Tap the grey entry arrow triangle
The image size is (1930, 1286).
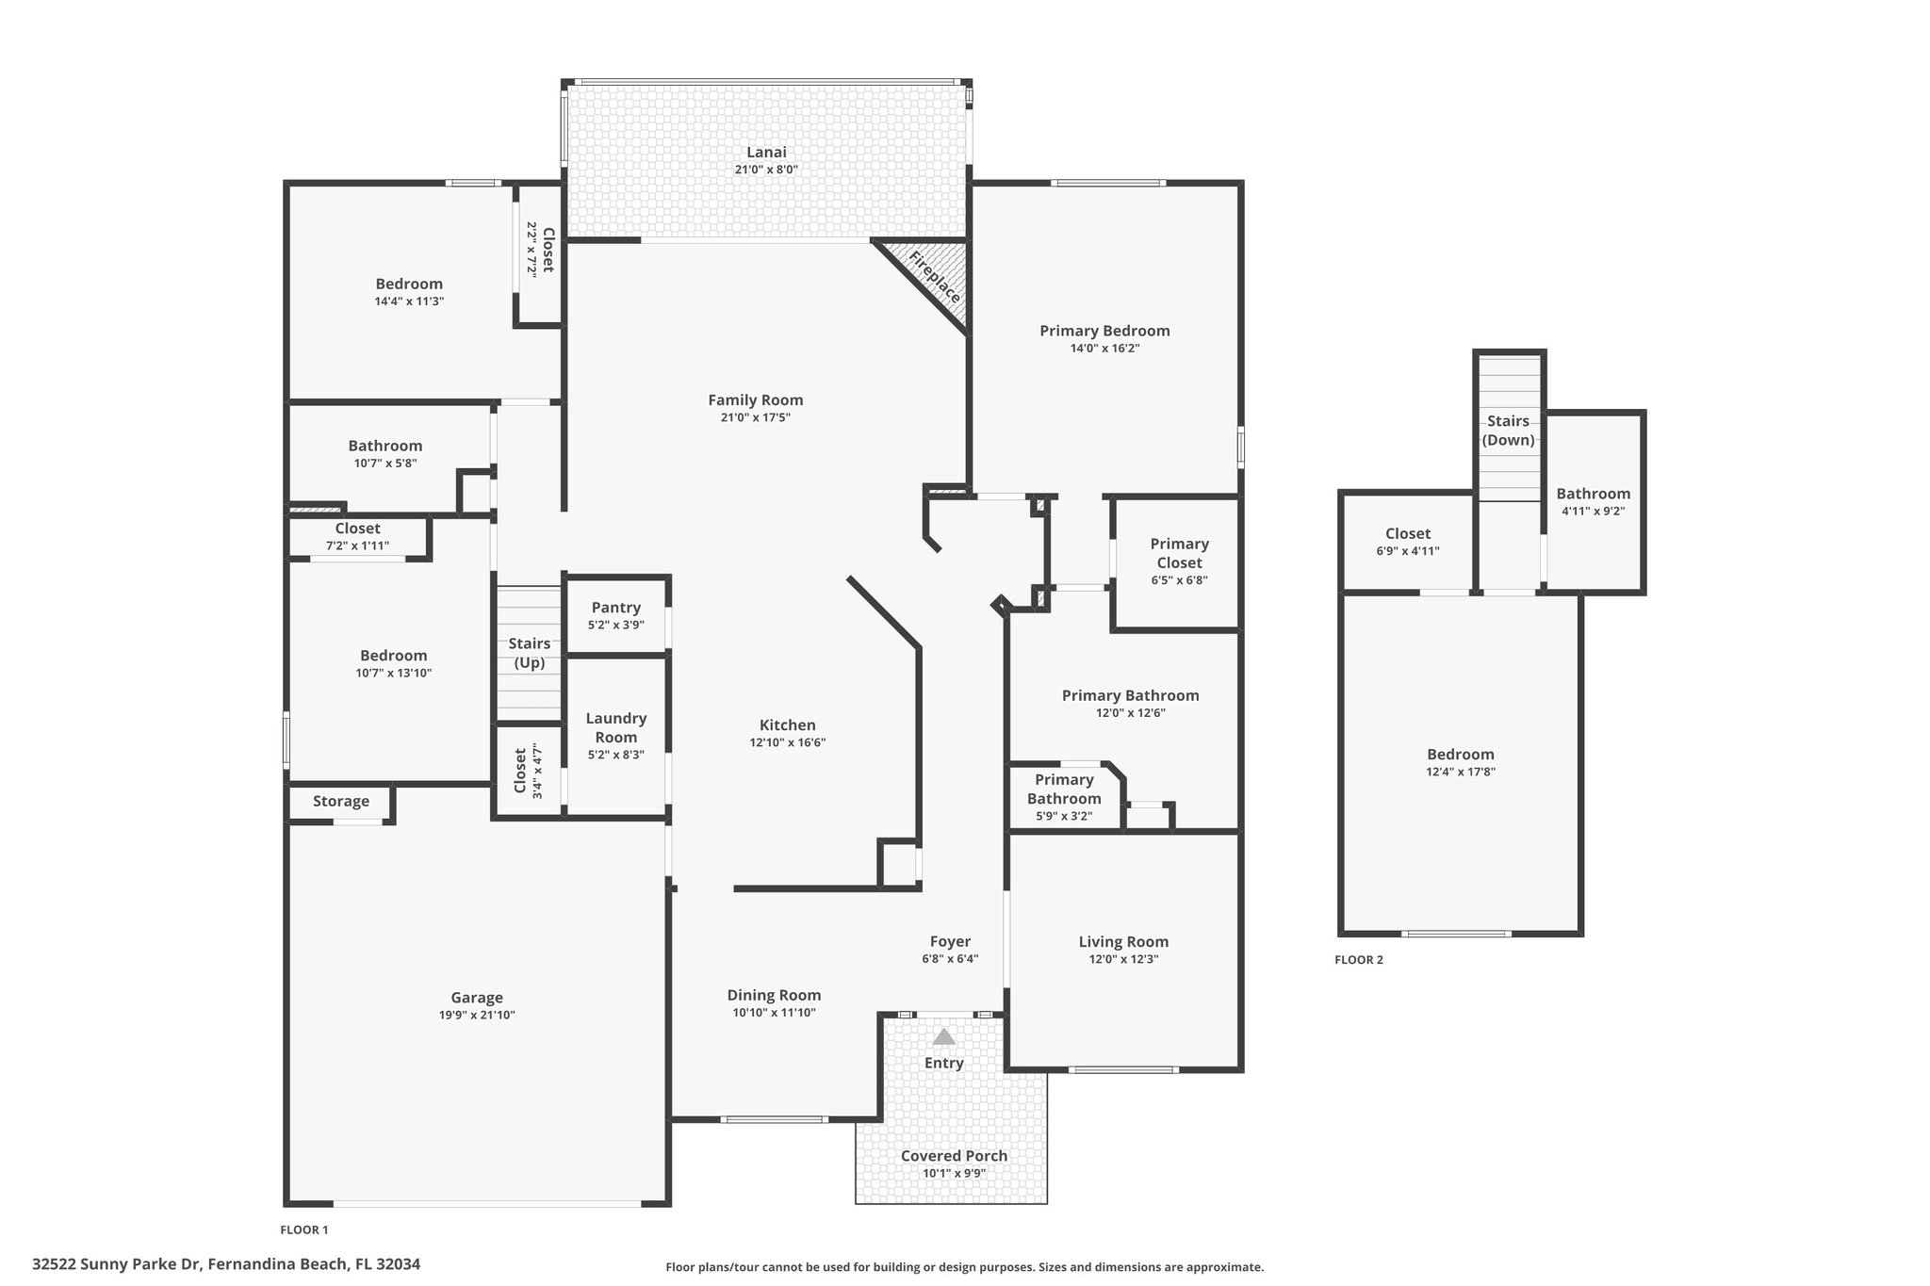pos(943,1036)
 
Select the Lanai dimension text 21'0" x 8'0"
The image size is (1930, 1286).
pos(766,170)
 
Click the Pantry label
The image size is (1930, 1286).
pos(616,608)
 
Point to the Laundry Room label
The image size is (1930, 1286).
pos(616,727)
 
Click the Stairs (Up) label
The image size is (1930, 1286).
pos(530,653)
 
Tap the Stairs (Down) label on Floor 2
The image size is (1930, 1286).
pos(1508,431)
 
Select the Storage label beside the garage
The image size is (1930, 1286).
pos(341,801)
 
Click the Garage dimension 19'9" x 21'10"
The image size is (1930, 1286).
pos(477,1015)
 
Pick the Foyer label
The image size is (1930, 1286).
pos(950,941)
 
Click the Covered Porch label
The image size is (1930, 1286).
pos(954,1156)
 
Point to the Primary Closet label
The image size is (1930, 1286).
pos(1179,553)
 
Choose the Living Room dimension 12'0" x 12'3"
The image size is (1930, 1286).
pos(1123,959)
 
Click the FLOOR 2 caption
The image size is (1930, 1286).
pos(1359,960)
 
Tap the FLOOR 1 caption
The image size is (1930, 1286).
pos(304,1229)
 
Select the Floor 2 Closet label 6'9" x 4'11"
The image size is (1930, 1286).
pos(1408,542)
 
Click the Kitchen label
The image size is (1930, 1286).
pos(788,724)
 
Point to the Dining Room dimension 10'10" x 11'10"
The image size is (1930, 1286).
pos(774,1013)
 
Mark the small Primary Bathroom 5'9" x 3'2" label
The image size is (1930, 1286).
pos(1064,797)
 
